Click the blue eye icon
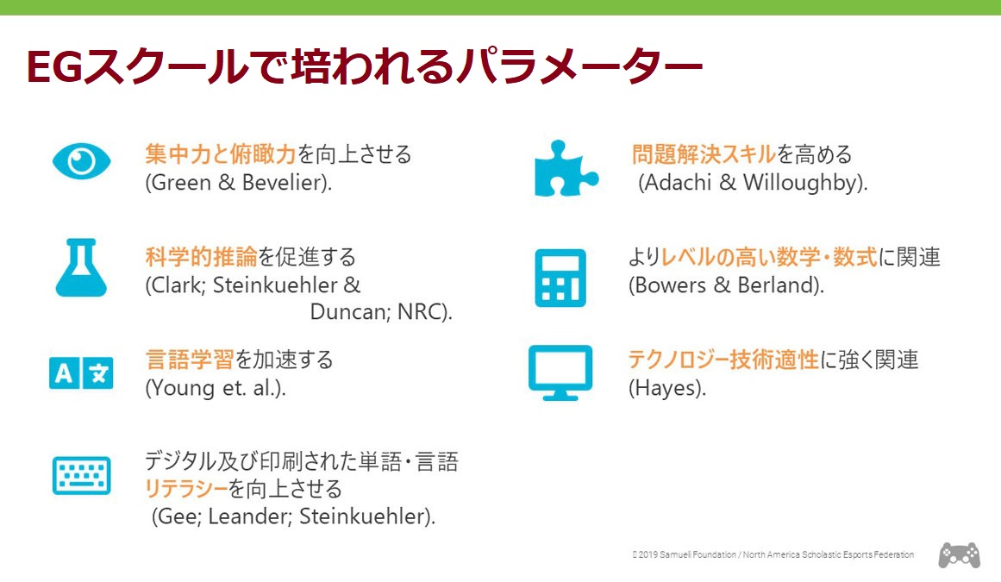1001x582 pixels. (x=82, y=161)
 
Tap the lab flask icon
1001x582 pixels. (x=81, y=267)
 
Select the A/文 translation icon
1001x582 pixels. (x=81, y=372)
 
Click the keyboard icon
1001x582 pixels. (x=82, y=475)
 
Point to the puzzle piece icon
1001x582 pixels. (x=566, y=168)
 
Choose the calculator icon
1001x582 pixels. (x=560, y=278)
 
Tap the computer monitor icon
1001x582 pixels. (x=560, y=372)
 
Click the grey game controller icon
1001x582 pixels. (x=959, y=555)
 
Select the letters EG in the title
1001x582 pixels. (x=55, y=66)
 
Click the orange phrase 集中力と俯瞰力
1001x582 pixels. (x=221, y=154)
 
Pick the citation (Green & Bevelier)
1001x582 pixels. (x=239, y=183)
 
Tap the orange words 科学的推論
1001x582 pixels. (x=201, y=257)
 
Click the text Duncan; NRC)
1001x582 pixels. (x=381, y=312)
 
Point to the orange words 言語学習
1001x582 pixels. (x=190, y=360)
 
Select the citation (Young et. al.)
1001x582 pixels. (x=216, y=388)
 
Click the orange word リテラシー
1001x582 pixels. (x=185, y=490)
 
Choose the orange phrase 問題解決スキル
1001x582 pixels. (x=704, y=154)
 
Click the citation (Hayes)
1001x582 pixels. (x=667, y=388)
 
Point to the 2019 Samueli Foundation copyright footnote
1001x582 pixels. (x=773, y=555)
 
